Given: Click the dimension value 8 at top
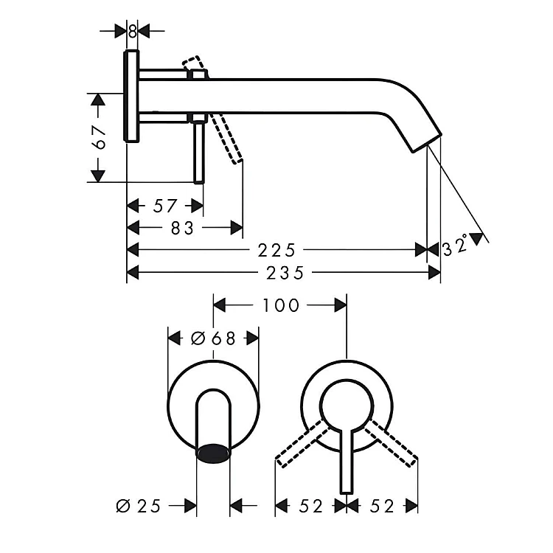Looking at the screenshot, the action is tap(132, 32).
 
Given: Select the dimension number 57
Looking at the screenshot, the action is tap(164, 206).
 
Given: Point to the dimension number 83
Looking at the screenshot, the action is tap(182, 228).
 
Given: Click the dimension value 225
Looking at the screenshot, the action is tap(276, 251).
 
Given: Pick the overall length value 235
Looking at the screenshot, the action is tap(285, 273).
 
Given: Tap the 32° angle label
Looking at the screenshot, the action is tap(456, 246).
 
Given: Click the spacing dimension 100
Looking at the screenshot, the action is tap(281, 305).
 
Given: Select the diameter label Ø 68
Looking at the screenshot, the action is tap(213, 338).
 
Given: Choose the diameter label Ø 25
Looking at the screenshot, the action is tap(139, 506).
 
